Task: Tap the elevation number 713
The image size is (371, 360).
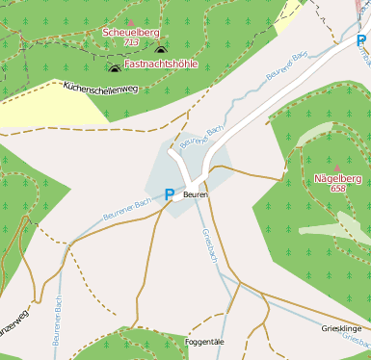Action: (x=131, y=43)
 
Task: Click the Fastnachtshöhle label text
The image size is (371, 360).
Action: (x=161, y=64)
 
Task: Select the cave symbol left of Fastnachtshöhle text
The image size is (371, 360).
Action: (x=115, y=66)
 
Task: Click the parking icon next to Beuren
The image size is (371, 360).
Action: (x=170, y=194)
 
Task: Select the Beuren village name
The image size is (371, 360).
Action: (x=196, y=194)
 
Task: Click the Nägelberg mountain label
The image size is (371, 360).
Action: (x=336, y=178)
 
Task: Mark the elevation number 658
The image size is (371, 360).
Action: (x=337, y=189)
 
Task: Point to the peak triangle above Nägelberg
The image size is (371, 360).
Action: (x=337, y=167)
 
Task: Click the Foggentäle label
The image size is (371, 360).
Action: (x=203, y=342)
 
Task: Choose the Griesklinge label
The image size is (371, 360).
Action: (x=340, y=328)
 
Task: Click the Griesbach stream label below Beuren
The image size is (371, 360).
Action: (x=211, y=246)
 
